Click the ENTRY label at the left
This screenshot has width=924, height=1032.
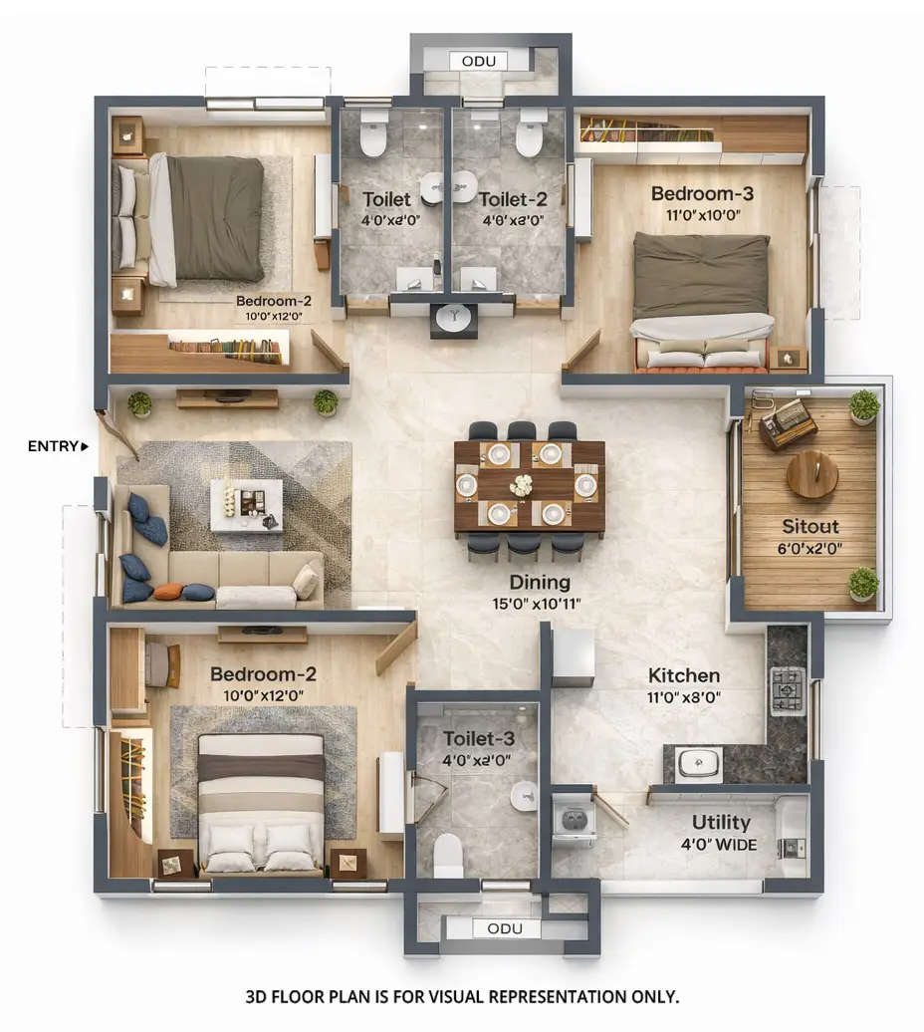click(54, 446)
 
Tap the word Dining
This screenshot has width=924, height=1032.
click(540, 582)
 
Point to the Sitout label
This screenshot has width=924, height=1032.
click(809, 526)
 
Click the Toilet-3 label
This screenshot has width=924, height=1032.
click(479, 738)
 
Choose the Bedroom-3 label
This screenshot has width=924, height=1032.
click(695, 193)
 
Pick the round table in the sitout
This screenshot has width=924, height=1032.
click(811, 474)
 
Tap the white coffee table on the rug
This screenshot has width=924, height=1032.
click(246, 504)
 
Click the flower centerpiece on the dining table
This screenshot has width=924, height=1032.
click(520, 485)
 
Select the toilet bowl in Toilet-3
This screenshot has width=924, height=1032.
click(449, 854)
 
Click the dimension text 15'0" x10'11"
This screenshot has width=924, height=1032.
click(537, 604)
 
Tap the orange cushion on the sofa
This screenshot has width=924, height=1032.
click(171, 591)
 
